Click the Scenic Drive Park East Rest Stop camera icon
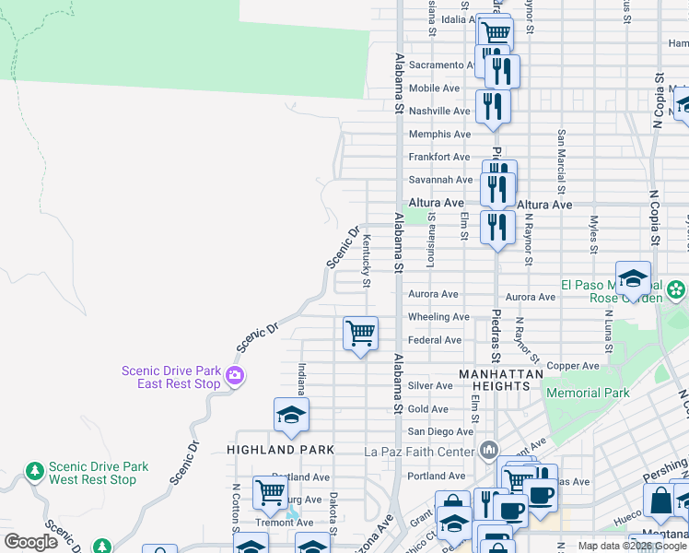(x=235, y=375)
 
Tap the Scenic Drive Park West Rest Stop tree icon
(x=35, y=472)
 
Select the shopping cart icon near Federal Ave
(x=360, y=333)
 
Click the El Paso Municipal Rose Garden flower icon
(x=677, y=291)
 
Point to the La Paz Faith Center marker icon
(x=488, y=451)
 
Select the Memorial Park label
(x=588, y=393)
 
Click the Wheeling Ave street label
(x=439, y=317)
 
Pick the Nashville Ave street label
(x=439, y=111)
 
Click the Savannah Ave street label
(x=439, y=180)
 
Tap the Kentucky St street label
(x=367, y=260)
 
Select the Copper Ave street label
(x=573, y=366)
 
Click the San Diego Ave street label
(x=441, y=431)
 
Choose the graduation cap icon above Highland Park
(x=291, y=415)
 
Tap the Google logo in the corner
(x=31, y=542)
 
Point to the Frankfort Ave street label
(x=439, y=158)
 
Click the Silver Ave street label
(x=430, y=385)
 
